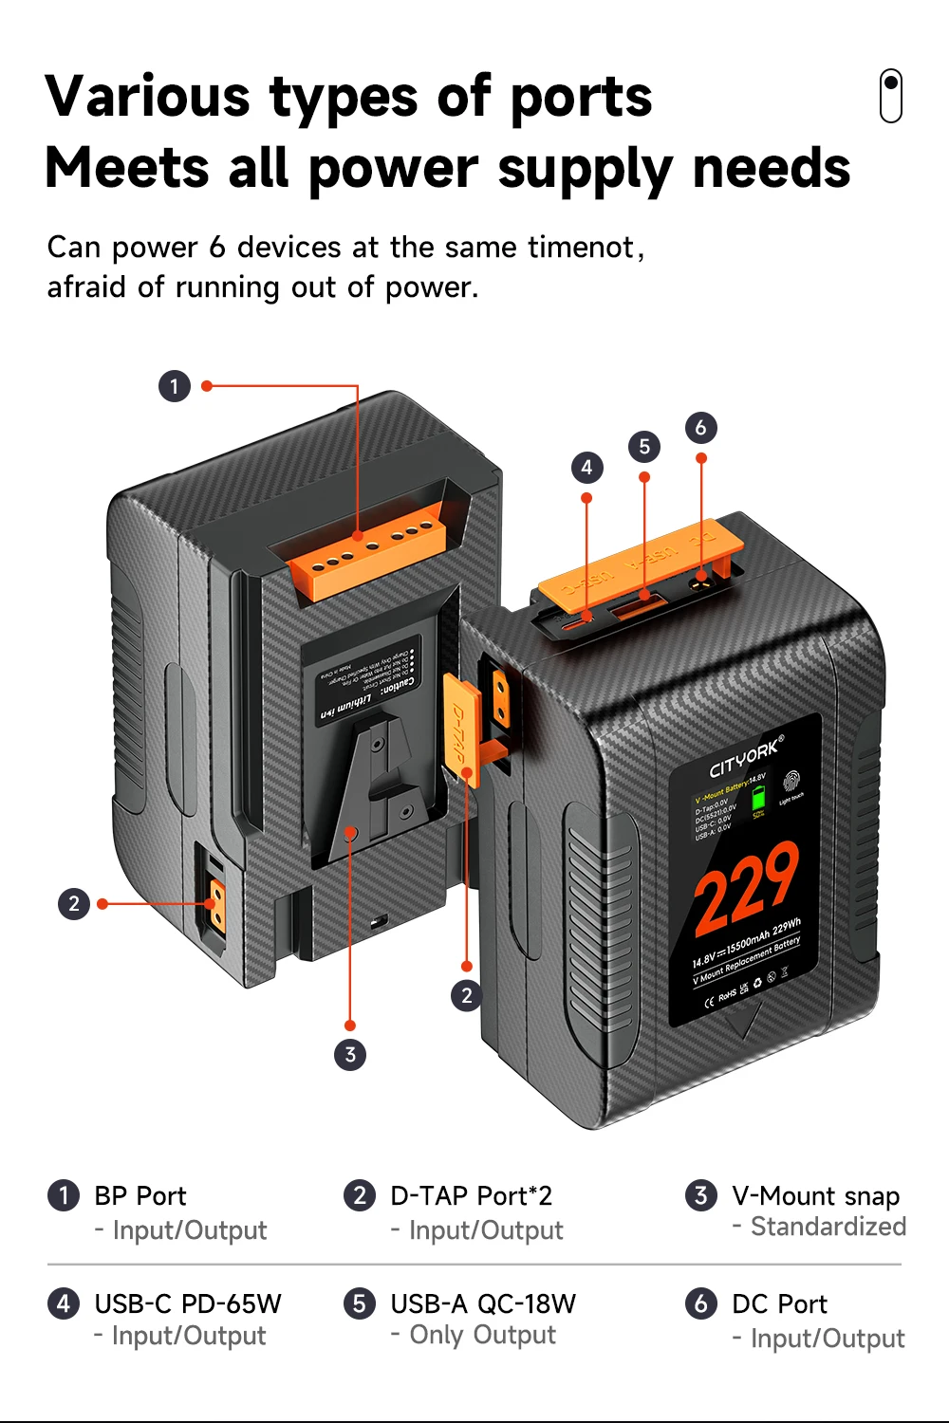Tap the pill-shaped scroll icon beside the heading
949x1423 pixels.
coord(890,96)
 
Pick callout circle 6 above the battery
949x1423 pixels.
coord(700,428)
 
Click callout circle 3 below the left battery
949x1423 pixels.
coord(350,1054)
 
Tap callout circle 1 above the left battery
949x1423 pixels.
coord(175,386)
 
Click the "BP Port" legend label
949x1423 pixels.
coord(140,1196)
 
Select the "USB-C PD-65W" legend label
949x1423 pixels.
coord(188,1303)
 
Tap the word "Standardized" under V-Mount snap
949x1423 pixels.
coord(828,1227)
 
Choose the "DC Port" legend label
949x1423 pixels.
coord(779,1304)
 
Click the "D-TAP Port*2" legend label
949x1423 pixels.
coord(471,1196)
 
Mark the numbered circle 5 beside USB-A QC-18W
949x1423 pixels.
coord(359,1303)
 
